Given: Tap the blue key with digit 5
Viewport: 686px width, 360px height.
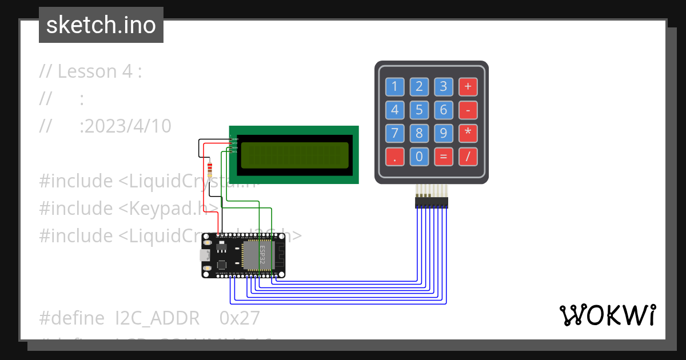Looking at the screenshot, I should (419, 110).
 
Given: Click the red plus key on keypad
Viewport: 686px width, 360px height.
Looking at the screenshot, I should (468, 87).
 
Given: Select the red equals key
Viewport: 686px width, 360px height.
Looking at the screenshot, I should (443, 156).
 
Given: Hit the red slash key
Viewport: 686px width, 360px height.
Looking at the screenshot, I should (468, 156).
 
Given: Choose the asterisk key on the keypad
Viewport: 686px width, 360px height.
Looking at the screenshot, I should (468, 133).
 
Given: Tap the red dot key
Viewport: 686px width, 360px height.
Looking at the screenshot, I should (394, 156).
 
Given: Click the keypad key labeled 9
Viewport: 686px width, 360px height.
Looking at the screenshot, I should (443, 133).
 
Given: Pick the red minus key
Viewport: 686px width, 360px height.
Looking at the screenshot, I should (468, 110).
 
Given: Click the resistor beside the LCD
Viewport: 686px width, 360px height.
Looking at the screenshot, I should (210, 169).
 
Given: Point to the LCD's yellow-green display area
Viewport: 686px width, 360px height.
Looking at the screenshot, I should (294, 155).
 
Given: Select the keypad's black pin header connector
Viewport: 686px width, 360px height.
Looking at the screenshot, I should (431, 203).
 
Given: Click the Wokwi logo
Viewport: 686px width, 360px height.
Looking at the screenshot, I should (607, 315).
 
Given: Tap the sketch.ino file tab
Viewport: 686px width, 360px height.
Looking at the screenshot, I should (101, 25).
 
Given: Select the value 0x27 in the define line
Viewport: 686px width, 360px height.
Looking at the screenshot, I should (240, 318).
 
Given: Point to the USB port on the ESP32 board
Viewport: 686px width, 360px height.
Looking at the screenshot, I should (205, 255).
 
